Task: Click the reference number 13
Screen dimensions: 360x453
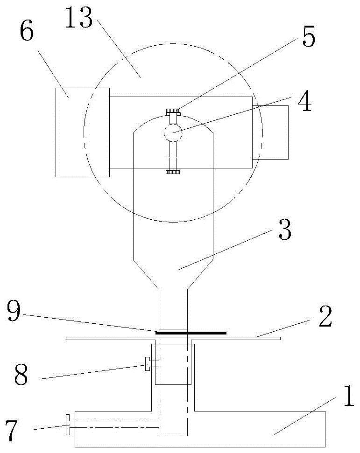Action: (x=78, y=18)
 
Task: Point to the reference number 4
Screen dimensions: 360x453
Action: (x=305, y=101)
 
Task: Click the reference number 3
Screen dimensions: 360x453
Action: (x=285, y=230)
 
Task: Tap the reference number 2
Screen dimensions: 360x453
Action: (x=325, y=317)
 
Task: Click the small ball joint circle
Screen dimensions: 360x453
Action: (x=173, y=133)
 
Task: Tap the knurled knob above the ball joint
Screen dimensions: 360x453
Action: (x=173, y=111)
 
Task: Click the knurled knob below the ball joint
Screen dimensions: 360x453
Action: (x=173, y=172)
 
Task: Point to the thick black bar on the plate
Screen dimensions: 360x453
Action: (x=191, y=333)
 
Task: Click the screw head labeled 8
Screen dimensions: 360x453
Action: (x=147, y=364)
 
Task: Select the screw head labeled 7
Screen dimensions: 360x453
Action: (x=68, y=425)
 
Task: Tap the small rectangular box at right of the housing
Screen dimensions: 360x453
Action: (x=270, y=132)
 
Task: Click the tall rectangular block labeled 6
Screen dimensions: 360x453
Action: (x=82, y=132)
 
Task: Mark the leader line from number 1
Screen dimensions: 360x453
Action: (x=304, y=416)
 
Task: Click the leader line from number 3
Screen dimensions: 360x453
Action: (x=225, y=250)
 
